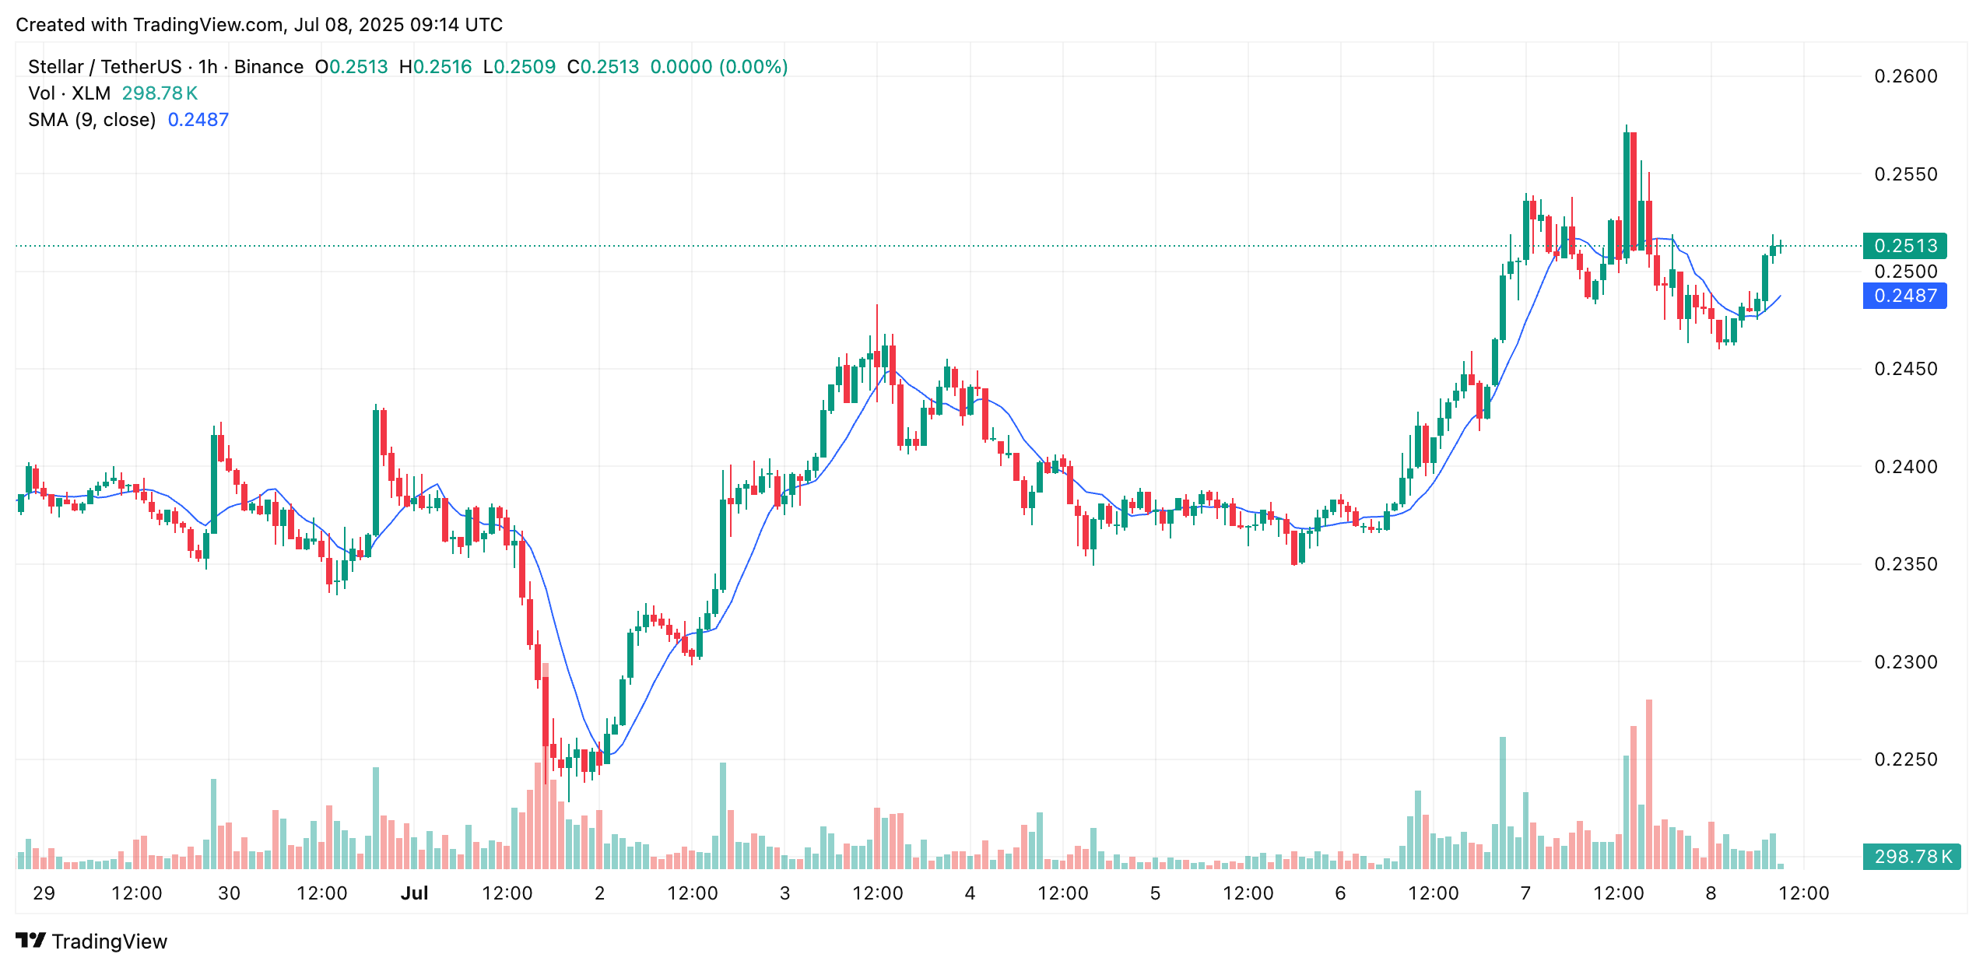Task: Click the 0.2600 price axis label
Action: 1905,76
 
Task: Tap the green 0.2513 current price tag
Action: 1904,246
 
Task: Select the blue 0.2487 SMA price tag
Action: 1904,296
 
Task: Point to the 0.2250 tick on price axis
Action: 1905,759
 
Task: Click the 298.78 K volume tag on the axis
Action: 1911,857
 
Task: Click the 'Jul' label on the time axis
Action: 414,893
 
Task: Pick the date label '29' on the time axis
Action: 44,893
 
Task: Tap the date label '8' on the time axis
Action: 1711,893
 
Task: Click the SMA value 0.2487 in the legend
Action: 198,120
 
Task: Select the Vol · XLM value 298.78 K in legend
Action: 160,93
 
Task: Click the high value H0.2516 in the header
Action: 435,67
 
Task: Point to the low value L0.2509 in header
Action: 519,67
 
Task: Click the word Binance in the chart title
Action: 268,67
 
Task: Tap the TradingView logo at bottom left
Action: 92,942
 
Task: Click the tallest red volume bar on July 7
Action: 1649,778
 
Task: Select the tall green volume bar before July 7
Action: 1503,801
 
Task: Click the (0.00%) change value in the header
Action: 753,67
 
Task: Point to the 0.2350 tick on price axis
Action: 1905,564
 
